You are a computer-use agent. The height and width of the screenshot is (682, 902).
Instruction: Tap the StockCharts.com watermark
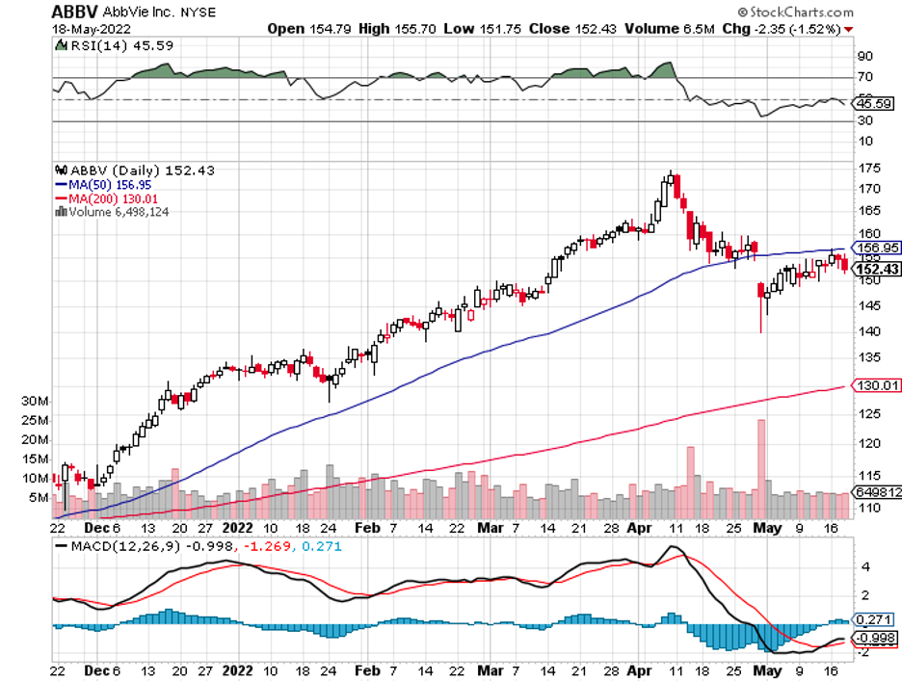pos(796,13)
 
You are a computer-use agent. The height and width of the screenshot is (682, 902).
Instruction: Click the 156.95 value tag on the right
pos(878,247)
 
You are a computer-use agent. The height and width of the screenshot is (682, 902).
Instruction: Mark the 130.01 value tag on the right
pos(878,385)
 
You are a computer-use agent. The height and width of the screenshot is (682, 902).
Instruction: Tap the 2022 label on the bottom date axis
pos(237,528)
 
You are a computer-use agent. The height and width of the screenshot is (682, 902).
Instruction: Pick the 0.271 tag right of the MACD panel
pos(873,619)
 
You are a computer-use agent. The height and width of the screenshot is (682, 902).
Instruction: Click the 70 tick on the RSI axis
pos(865,77)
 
